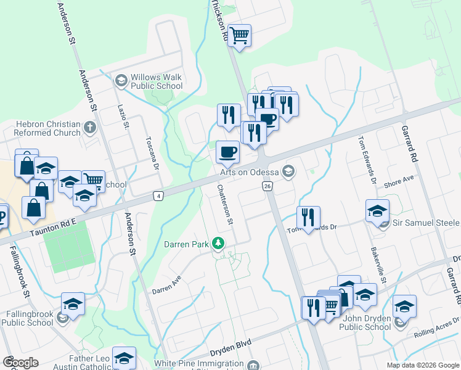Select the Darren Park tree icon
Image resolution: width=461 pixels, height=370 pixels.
[218, 244]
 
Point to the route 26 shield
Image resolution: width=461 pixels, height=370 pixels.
[267, 186]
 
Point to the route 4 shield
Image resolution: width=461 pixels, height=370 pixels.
[159, 195]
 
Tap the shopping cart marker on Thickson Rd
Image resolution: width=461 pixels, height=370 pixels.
[239, 35]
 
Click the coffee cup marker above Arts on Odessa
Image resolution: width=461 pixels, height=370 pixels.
[228, 152]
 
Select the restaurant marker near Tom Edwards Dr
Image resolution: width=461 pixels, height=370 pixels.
[308, 217]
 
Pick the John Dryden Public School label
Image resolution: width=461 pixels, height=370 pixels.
[365, 322]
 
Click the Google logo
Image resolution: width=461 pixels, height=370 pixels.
[20, 363]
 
